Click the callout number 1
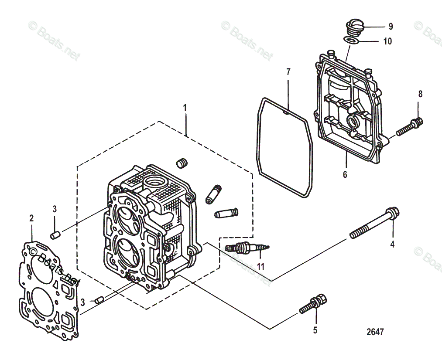185,107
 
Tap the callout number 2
31,218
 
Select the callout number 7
288,71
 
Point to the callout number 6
345,175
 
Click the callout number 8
420,94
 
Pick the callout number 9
391,27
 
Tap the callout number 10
387,41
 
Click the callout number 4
392,245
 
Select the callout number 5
315,330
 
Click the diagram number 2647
375,332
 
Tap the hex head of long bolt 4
393,213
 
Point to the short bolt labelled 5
314,303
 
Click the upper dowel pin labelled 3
55,235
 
